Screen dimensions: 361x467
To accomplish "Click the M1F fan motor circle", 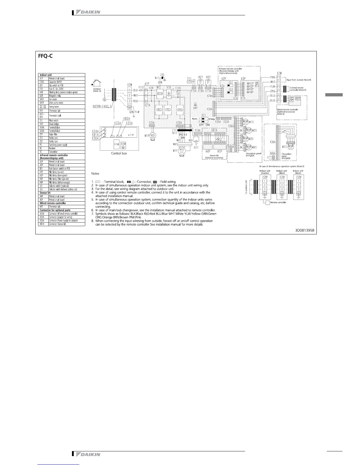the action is coord(182,150).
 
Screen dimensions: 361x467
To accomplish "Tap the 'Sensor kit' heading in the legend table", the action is coord(45,193).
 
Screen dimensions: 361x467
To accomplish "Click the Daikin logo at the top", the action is coord(88,12).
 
